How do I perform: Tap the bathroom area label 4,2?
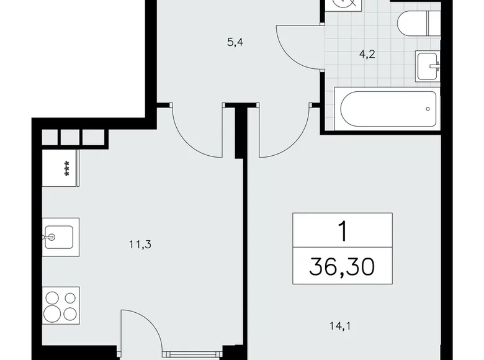click(x=369, y=53)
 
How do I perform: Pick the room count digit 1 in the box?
click(x=343, y=231)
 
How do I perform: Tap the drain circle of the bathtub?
click(x=428, y=109)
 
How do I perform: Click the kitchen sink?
click(x=60, y=236)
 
